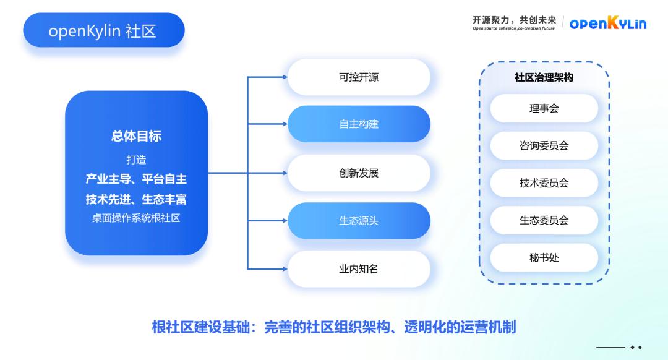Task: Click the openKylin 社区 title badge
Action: (x=103, y=30)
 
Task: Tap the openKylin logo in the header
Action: (x=607, y=24)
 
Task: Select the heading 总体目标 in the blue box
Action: (x=136, y=137)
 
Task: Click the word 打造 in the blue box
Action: (x=136, y=160)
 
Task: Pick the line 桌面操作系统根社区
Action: (x=136, y=218)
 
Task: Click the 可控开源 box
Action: (x=359, y=77)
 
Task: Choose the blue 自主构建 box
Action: (x=359, y=124)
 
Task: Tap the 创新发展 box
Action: (x=359, y=173)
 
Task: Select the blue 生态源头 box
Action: (x=359, y=221)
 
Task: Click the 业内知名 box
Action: (x=359, y=269)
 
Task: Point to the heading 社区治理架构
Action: (x=544, y=78)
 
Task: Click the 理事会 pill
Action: (x=544, y=108)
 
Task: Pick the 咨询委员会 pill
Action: (x=544, y=146)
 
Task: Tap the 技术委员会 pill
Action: (x=544, y=183)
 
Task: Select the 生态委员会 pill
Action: (x=544, y=220)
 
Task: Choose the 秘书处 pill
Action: (x=544, y=257)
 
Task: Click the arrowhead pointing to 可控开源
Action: (x=285, y=77)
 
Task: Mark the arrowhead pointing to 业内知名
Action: (x=285, y=269)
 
